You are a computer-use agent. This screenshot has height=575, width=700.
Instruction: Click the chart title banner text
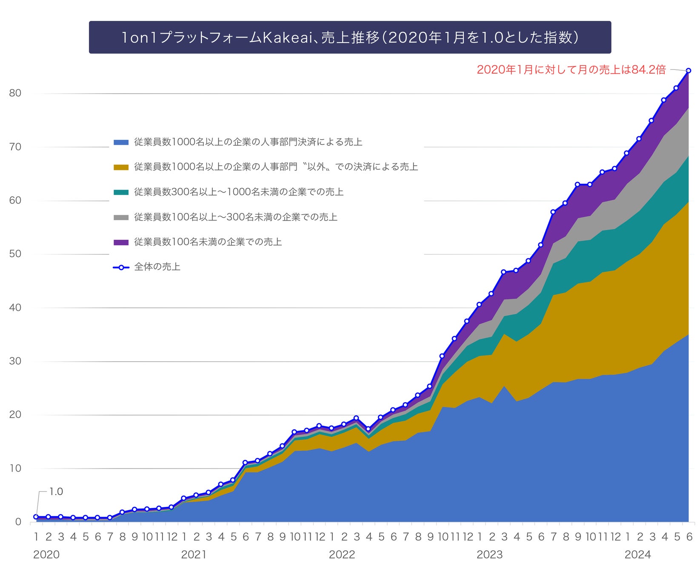[x=350, y=37]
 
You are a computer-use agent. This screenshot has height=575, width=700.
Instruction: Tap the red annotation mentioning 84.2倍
[x=571, y=70]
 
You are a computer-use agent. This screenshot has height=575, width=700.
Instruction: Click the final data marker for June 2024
[x=688, y=71]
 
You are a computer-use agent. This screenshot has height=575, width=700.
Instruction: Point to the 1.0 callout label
[x=56, y=492]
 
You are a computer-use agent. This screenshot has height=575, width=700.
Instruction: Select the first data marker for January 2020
[x=36, y=517]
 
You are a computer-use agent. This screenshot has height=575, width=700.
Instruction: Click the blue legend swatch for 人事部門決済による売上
[x=121, y=142]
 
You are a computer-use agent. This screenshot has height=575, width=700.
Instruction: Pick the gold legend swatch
[x=121, y=167]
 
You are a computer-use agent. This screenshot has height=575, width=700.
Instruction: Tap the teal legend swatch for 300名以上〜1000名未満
[x=121, y=193]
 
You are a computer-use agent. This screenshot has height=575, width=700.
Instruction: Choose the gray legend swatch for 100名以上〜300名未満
[x=121, y=218]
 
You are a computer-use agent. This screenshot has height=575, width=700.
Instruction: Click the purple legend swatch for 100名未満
[x=121, y=242]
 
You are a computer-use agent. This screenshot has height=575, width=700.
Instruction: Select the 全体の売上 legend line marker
[x=121, y=267]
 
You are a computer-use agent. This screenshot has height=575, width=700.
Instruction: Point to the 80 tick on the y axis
[x=15, y=93]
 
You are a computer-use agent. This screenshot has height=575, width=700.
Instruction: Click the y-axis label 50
[x=15, y=254]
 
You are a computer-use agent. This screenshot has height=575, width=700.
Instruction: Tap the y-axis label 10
[x=15, y=469]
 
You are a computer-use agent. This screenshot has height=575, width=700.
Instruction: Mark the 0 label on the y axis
[x=18, y=522]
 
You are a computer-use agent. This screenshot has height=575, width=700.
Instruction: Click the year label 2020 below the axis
[x=46, y=555]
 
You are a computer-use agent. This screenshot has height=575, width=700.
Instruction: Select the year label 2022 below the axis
[x=342, y=555]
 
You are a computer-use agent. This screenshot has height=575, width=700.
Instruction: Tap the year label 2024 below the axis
[x=637, y=555]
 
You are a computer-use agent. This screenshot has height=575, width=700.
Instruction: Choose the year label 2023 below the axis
[x=489, y=555]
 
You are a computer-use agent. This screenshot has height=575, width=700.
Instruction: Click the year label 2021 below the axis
[x=194, y=555]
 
